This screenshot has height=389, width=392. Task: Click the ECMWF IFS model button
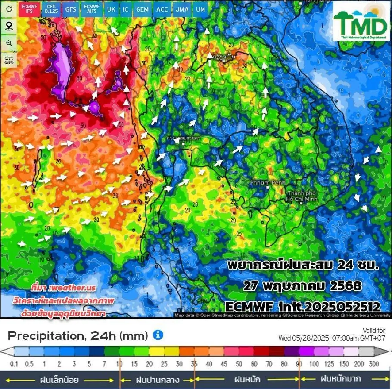[x=29, y=9]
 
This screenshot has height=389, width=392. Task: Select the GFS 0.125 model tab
[x=51, y=9]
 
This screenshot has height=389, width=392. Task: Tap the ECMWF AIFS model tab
[x=91, y=9]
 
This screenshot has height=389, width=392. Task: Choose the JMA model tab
[x=182, y=9]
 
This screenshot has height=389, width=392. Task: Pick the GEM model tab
[x=142, y=9]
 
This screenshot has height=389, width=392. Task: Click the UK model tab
[x=111, y=9]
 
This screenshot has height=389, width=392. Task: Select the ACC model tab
[x=162, y=9]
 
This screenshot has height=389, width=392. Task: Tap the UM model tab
[x=201, y=9]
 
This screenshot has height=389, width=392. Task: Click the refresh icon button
[x=9, y=9]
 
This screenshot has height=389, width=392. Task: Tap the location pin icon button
[x=9, y=26]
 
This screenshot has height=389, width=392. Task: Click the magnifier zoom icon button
[x=9, y=43]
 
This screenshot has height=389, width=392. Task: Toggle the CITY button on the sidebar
[x=9, y=60]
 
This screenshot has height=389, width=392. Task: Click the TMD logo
[x=361, y=22]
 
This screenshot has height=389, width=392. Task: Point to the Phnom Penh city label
[x=267, y=183]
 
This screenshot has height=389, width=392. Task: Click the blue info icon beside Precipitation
[x=158, y=335]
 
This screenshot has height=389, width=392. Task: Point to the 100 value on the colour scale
[x=314, y=364]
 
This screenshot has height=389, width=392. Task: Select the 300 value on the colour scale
[x=374, y=364]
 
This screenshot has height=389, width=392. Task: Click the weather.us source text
[x=64, y=287]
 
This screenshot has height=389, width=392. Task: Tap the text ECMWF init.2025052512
[x=303, y=306]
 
